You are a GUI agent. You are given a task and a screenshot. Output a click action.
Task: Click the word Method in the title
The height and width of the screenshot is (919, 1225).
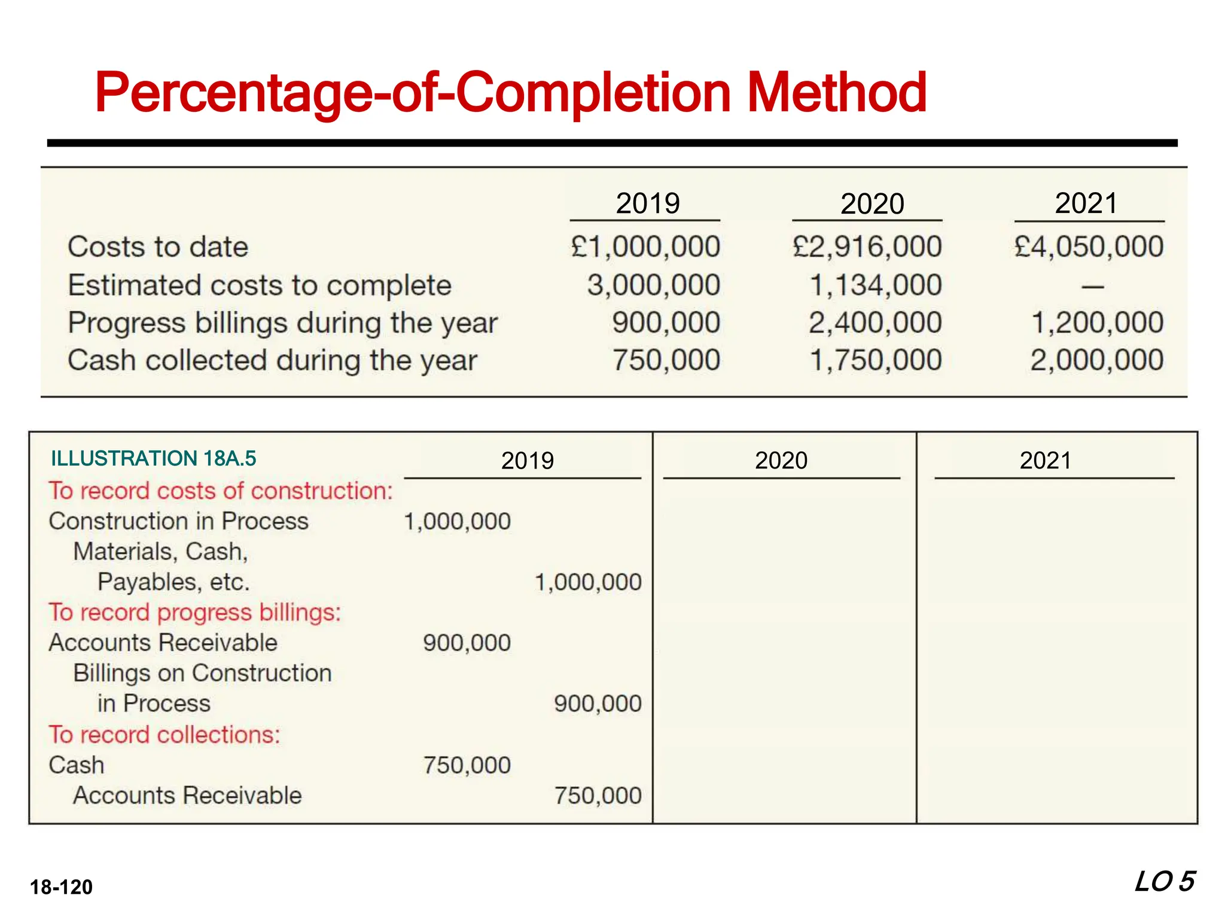837,93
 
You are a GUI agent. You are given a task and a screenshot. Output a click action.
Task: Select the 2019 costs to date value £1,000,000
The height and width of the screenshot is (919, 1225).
645,247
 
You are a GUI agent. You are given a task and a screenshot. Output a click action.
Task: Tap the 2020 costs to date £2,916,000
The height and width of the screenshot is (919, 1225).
867,247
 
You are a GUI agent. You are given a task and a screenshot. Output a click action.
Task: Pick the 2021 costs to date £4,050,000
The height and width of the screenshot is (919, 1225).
1089,247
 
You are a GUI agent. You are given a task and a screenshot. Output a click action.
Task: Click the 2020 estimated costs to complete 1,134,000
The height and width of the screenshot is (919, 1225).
876,285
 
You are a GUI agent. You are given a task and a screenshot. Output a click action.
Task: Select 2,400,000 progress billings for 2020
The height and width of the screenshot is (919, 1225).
876,322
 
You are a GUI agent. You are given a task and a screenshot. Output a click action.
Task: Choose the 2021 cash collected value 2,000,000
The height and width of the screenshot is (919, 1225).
1097,360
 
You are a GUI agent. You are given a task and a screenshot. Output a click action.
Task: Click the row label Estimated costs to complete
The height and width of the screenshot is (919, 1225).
260,285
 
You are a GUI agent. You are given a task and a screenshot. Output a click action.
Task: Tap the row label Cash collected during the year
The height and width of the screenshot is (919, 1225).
272,360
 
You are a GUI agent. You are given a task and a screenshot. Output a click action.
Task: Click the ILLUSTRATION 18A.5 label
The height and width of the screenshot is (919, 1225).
154,458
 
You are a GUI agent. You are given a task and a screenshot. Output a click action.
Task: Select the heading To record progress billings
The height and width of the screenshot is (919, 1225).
195,612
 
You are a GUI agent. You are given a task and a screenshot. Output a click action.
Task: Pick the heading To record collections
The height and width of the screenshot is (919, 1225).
164,734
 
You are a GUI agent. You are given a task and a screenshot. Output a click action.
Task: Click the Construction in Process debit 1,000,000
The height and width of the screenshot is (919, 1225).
458,521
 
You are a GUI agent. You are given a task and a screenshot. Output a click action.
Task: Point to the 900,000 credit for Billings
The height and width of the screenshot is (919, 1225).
598,704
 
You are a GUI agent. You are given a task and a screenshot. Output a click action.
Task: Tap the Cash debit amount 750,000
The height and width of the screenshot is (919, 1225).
467,765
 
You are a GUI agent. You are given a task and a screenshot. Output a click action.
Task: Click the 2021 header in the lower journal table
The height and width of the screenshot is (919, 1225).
1046,460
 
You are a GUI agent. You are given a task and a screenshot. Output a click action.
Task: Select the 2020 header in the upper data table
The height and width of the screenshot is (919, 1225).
872,204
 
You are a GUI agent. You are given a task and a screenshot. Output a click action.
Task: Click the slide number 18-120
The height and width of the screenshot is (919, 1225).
62,887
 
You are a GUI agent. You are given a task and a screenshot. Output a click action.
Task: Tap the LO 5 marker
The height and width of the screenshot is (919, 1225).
1165,882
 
